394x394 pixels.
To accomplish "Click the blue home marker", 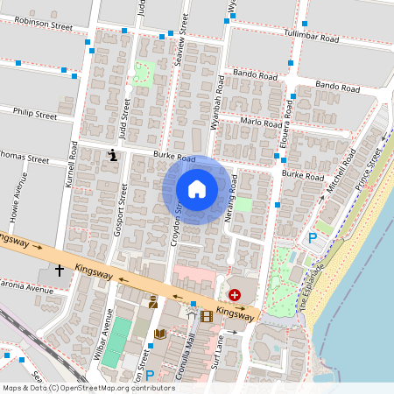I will pyautogui.click(x=197, y=189).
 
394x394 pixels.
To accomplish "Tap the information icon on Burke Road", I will pyautogui.click(x=112, y=156).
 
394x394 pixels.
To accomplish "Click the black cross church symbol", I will pyautogui.click(x=60, y=271).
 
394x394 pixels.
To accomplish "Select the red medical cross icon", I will pyautogui.click(x=235, y=297).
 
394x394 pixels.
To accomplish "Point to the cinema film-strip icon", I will pyautogui.click(x=207, y=316).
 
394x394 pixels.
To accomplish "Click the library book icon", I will pyautogui.click(x=159, y=334).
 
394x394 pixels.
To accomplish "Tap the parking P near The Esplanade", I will pyautogui.click(x=313, y=237).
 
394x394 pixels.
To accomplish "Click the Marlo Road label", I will pyautogui.click(x=260, y=123).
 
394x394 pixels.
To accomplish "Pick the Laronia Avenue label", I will pyautogui.click(x=26, y=286).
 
